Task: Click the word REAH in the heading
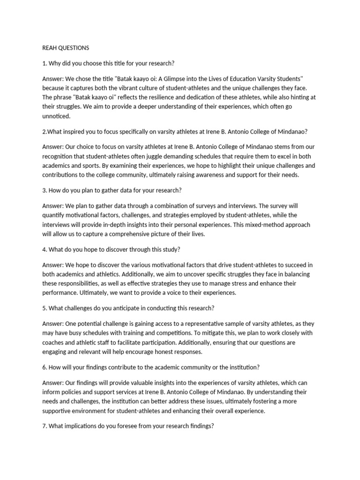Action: [50, 48]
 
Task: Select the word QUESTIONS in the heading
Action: [74, 48]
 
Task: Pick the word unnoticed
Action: [56, 116]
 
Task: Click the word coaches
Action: [55, 343]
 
